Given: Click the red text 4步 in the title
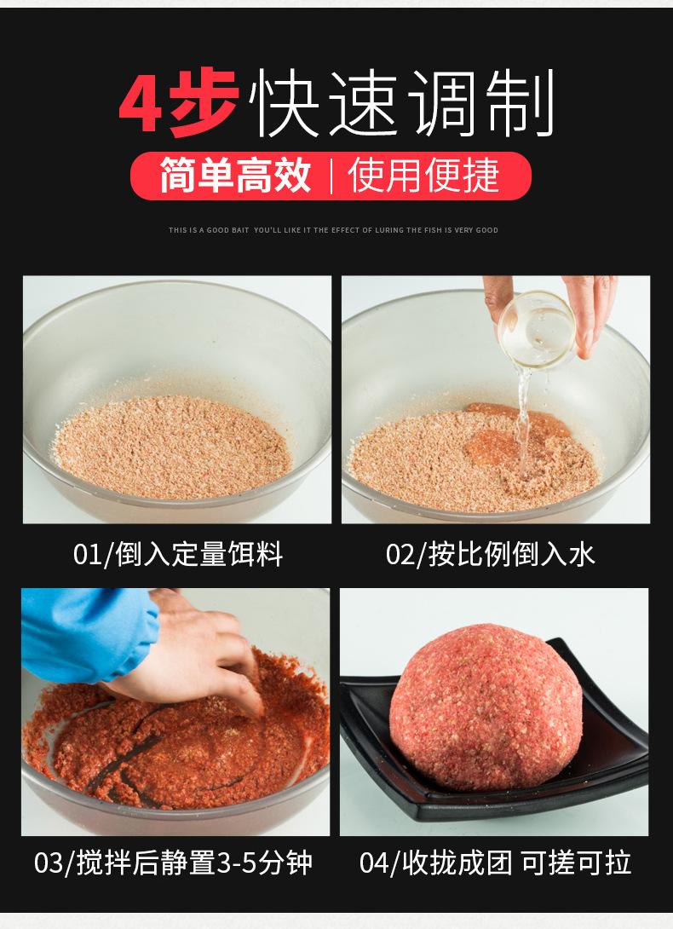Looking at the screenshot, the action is pos(178,103).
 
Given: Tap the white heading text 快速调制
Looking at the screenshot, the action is pos(402,103).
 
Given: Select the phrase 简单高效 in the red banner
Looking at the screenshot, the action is pos(234,176).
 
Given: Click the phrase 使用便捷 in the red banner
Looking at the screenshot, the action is pos(423,176).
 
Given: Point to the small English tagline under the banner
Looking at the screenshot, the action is pos(334,230).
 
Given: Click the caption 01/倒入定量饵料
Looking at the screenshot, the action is pos(178,555).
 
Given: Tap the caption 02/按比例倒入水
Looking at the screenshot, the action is pos(490,555).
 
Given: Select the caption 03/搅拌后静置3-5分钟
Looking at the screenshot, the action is pos(173,863).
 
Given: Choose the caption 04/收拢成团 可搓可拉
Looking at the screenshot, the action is pos(495,863).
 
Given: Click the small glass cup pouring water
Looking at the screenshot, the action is pos(536,330).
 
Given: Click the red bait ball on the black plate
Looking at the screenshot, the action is pos(486,707).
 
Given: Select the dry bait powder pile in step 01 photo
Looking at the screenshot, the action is pos(172,447).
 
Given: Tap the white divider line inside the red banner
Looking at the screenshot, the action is pos(330,176).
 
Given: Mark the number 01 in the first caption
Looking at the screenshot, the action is pos(87,555).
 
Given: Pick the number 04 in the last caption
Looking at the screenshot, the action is pos(374,863).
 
